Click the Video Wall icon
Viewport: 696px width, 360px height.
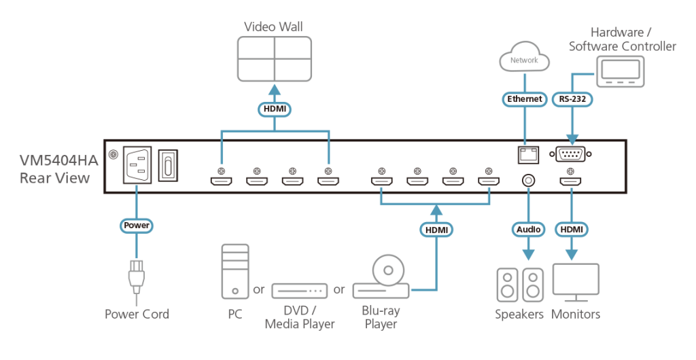click(274, 59)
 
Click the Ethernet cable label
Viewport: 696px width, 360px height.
click(525, 99)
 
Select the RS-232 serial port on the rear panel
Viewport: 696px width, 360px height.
click(571, 155)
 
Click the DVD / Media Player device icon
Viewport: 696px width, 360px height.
click(299, 291)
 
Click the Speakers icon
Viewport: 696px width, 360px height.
click(520, 285)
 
